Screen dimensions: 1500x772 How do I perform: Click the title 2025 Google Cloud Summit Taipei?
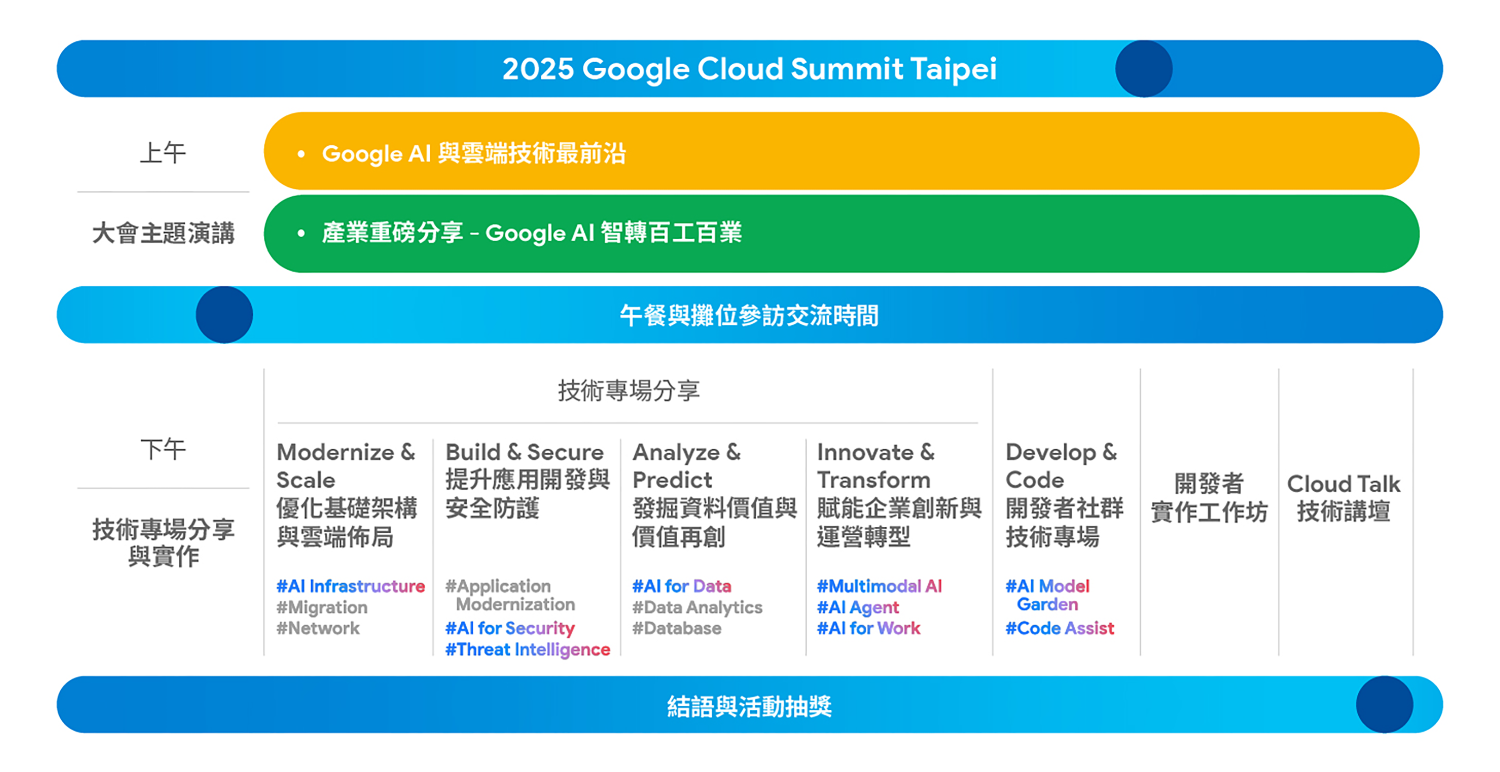coord(749,69)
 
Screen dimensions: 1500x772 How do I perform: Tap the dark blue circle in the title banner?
coord(1143,69)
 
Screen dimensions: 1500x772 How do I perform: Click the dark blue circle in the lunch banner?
coord(224,315)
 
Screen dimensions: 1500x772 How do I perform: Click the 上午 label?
coord(163,153)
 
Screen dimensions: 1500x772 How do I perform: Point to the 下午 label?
coord(163,449)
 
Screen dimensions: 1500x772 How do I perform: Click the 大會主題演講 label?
coord(163,233)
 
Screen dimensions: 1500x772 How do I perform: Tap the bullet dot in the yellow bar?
coord(301,154)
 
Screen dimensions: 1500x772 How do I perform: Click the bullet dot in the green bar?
coord(301,233)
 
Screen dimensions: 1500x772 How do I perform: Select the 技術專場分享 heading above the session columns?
coord(629,390)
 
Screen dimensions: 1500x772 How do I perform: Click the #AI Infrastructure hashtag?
coord(351,586)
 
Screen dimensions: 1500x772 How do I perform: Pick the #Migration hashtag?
coord(322,608)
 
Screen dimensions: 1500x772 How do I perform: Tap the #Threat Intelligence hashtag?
coord(527,649)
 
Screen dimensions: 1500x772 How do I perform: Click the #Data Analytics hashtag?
coord(697,608)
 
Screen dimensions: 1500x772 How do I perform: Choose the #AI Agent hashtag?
coord(858,608)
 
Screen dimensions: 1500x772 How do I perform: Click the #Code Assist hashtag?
coord(1060,628)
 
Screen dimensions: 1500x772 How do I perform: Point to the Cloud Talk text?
coord(1343,483)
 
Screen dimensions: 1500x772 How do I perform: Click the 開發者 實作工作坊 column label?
coord(1209,498)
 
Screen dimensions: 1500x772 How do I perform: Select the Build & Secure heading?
coord(525,452)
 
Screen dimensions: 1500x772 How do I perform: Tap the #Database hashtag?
coord(677,628)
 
